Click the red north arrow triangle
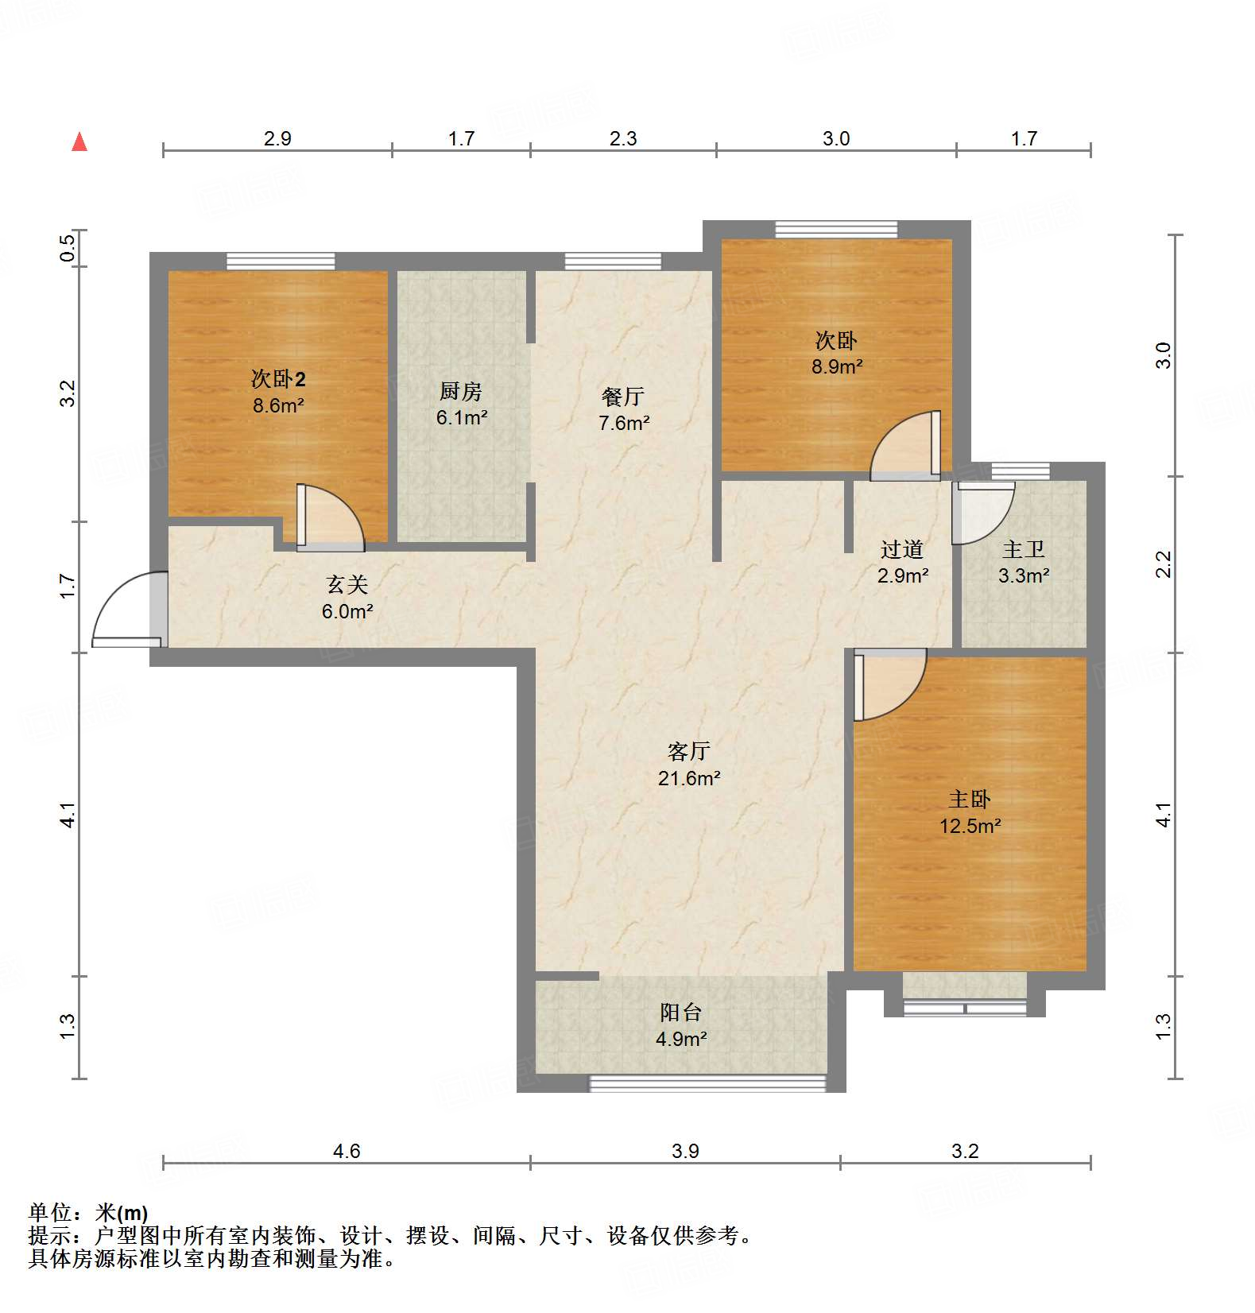79,142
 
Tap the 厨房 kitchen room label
460,391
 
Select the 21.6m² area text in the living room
688,778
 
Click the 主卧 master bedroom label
969,799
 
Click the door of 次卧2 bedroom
327,518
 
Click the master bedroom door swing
889,684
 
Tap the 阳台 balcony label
681,1012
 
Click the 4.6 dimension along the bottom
347,1150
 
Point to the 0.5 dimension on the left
68,248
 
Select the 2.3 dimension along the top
623,138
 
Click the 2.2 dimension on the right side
1163,564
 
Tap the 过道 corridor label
902,549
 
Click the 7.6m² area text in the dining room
624,423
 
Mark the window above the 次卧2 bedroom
280,261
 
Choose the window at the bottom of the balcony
707,1082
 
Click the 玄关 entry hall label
347,584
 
